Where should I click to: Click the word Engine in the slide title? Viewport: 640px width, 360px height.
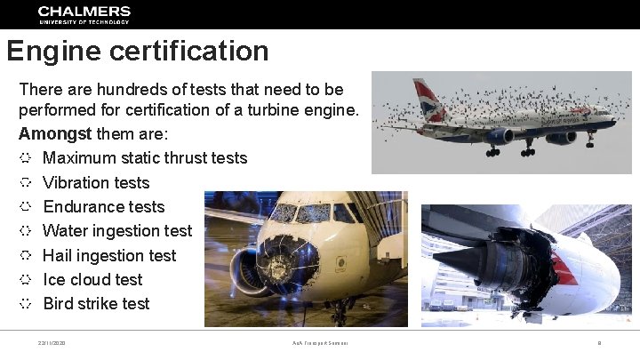click(54, 51)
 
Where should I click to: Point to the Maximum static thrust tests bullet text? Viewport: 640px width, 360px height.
click(145, 158)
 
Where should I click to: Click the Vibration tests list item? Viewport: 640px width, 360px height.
click(96, 182)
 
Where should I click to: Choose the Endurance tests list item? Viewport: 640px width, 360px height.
click(103, 206)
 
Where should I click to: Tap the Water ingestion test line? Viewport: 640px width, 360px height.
click(116, 231)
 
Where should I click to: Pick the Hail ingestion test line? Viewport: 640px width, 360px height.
click(109, 255)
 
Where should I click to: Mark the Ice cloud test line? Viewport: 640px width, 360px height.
click(92, 279)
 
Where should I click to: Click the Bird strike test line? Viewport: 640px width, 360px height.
click(96, 303)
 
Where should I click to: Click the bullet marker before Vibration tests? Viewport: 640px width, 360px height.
click(26, 182)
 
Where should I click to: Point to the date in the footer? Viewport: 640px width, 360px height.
click(52, 343)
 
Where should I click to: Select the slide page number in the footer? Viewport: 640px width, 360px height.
click(600, 343)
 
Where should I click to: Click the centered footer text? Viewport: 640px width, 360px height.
click(319, 343)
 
